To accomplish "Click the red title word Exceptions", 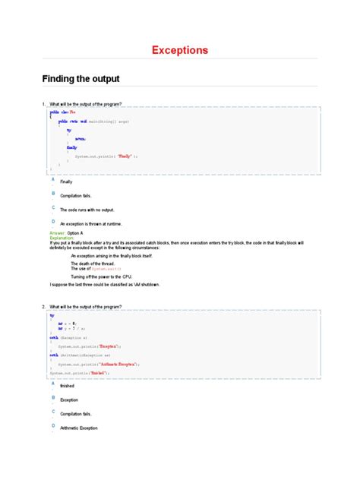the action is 179,51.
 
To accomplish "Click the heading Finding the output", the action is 80,79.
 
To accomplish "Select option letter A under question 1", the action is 52,179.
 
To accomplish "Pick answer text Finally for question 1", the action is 66,182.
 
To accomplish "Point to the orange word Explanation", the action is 63,237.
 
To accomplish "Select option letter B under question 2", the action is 52,397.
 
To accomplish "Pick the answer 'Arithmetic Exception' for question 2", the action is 80,428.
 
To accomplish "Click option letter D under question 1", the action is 52,220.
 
